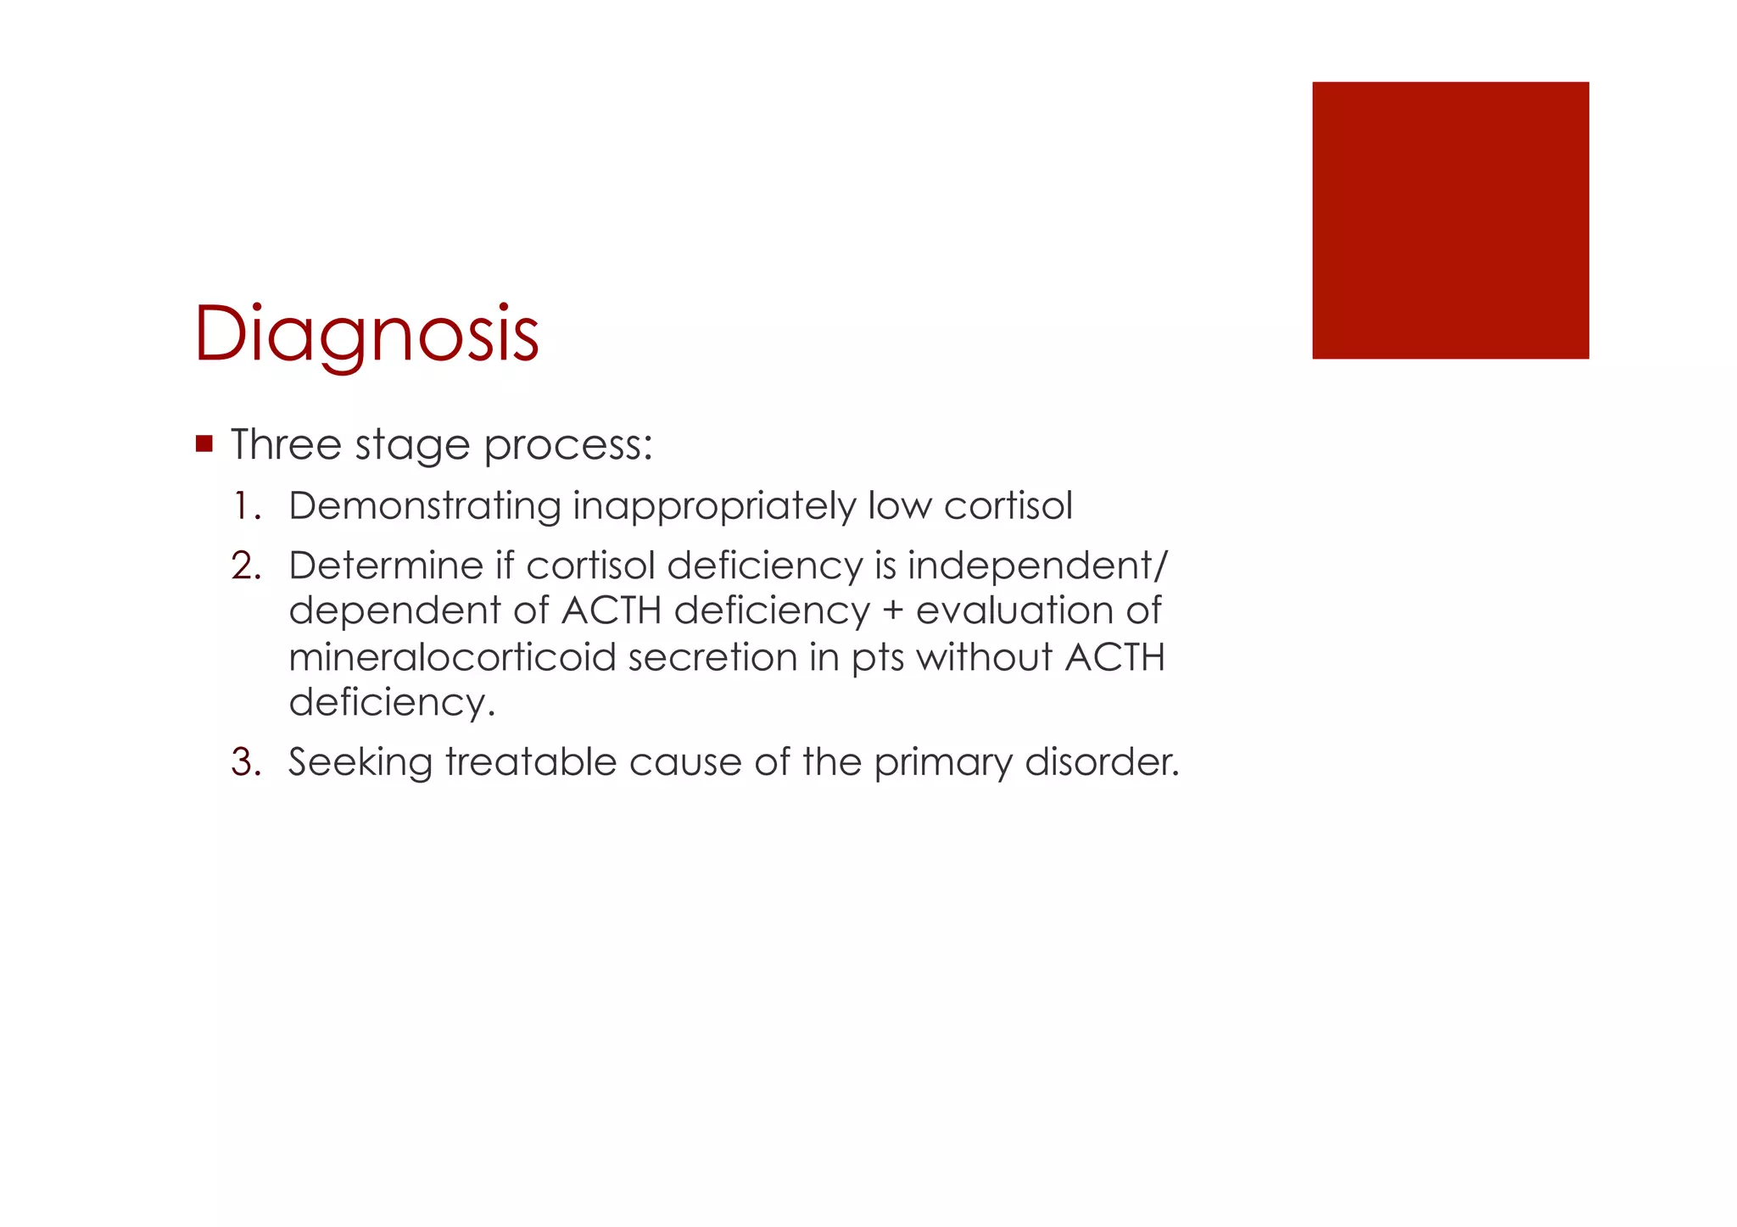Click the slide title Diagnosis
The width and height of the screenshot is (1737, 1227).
coord(366,334)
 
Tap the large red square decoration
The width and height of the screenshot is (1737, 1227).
coord(1450,220)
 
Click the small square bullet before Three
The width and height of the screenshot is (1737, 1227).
coord(204,443)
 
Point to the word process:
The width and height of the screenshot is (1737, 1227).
coord(568,446)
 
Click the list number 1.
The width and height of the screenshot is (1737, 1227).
coord(246,506)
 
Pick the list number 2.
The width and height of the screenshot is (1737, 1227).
coord(246,566)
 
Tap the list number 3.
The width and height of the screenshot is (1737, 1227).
coord(246,761)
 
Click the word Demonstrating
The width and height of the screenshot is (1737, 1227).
coord(425,506)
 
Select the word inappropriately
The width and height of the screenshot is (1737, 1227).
coord(714,508)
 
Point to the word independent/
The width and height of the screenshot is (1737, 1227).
coord(1037,566)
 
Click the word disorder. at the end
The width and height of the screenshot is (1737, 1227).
coord(1102,761)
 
